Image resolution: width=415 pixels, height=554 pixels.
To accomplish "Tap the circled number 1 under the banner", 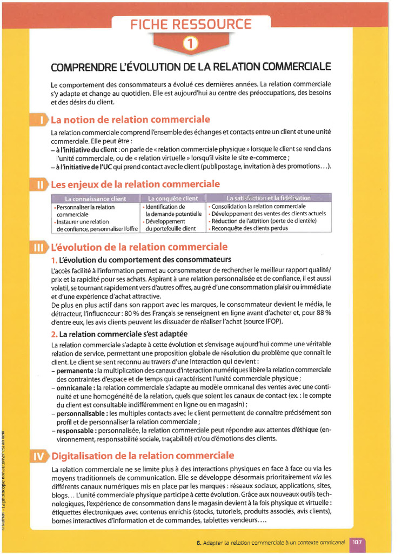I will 190,45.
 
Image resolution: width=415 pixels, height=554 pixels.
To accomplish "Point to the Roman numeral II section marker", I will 41,184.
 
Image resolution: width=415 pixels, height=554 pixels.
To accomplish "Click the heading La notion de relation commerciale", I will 130,120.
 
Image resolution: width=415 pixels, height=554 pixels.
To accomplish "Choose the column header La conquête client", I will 173,199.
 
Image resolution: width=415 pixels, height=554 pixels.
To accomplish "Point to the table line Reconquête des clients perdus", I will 250,228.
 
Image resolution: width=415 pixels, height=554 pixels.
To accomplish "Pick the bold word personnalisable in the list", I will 81,413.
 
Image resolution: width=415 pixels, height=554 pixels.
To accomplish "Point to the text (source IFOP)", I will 264,321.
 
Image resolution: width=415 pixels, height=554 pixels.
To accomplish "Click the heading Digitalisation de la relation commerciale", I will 143,456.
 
